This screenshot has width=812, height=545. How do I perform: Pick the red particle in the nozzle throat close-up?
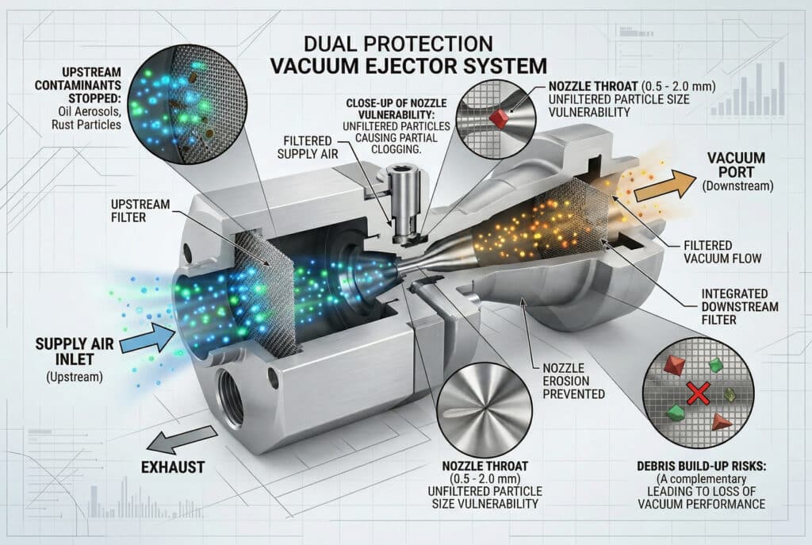pos(499,118)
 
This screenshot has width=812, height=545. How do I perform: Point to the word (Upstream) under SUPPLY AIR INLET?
pos(75,376)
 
